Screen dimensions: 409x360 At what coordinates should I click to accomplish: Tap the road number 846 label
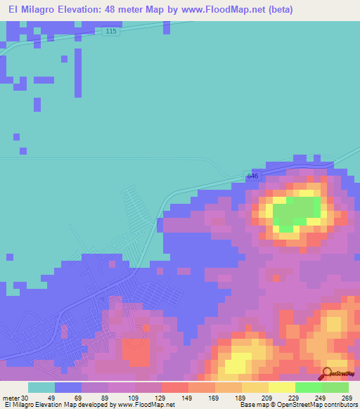pos(253,176)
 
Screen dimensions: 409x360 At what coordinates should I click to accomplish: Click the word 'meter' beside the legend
pos(11,397)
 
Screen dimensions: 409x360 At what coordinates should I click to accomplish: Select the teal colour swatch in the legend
pos(41,387)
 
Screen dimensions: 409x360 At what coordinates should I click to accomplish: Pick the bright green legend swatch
pos(308,387)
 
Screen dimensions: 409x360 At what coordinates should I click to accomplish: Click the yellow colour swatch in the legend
pos(281,387)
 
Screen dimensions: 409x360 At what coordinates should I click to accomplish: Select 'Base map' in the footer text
pos(254,405)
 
